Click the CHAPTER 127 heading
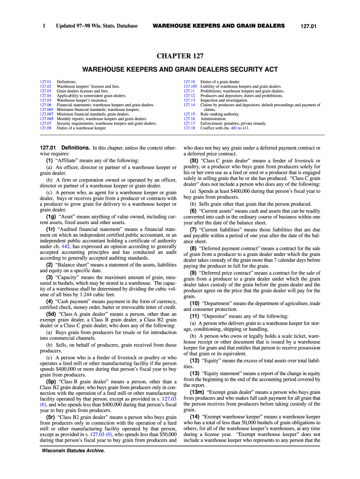[x=180, y=56]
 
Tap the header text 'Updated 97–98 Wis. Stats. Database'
[x=97, y=26]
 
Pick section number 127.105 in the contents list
[x=190, y=87]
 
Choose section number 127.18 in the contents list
[x=189, y=128]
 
